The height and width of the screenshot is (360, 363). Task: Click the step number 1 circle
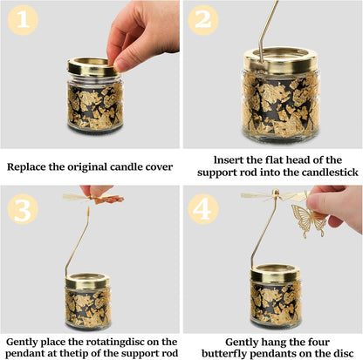click(23, 20)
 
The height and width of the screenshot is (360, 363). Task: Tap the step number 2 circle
click(203, 20)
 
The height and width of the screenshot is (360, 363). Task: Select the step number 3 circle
click(23, 209)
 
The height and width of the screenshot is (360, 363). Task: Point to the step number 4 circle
click(203, 209)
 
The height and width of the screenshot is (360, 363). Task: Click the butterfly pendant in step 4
click(306, 220)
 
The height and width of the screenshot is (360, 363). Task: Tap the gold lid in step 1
click(92, 67)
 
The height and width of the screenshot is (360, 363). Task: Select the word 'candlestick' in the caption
click(330, 173)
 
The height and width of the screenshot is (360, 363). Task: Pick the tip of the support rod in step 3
click(88, 207)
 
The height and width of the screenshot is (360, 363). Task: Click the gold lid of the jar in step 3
click(87, 281)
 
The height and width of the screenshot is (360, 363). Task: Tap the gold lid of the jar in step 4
click(275, 273)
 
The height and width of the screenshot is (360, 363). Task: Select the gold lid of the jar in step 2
click(280, 61)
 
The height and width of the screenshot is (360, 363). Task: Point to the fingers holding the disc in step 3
click(96, 191)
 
